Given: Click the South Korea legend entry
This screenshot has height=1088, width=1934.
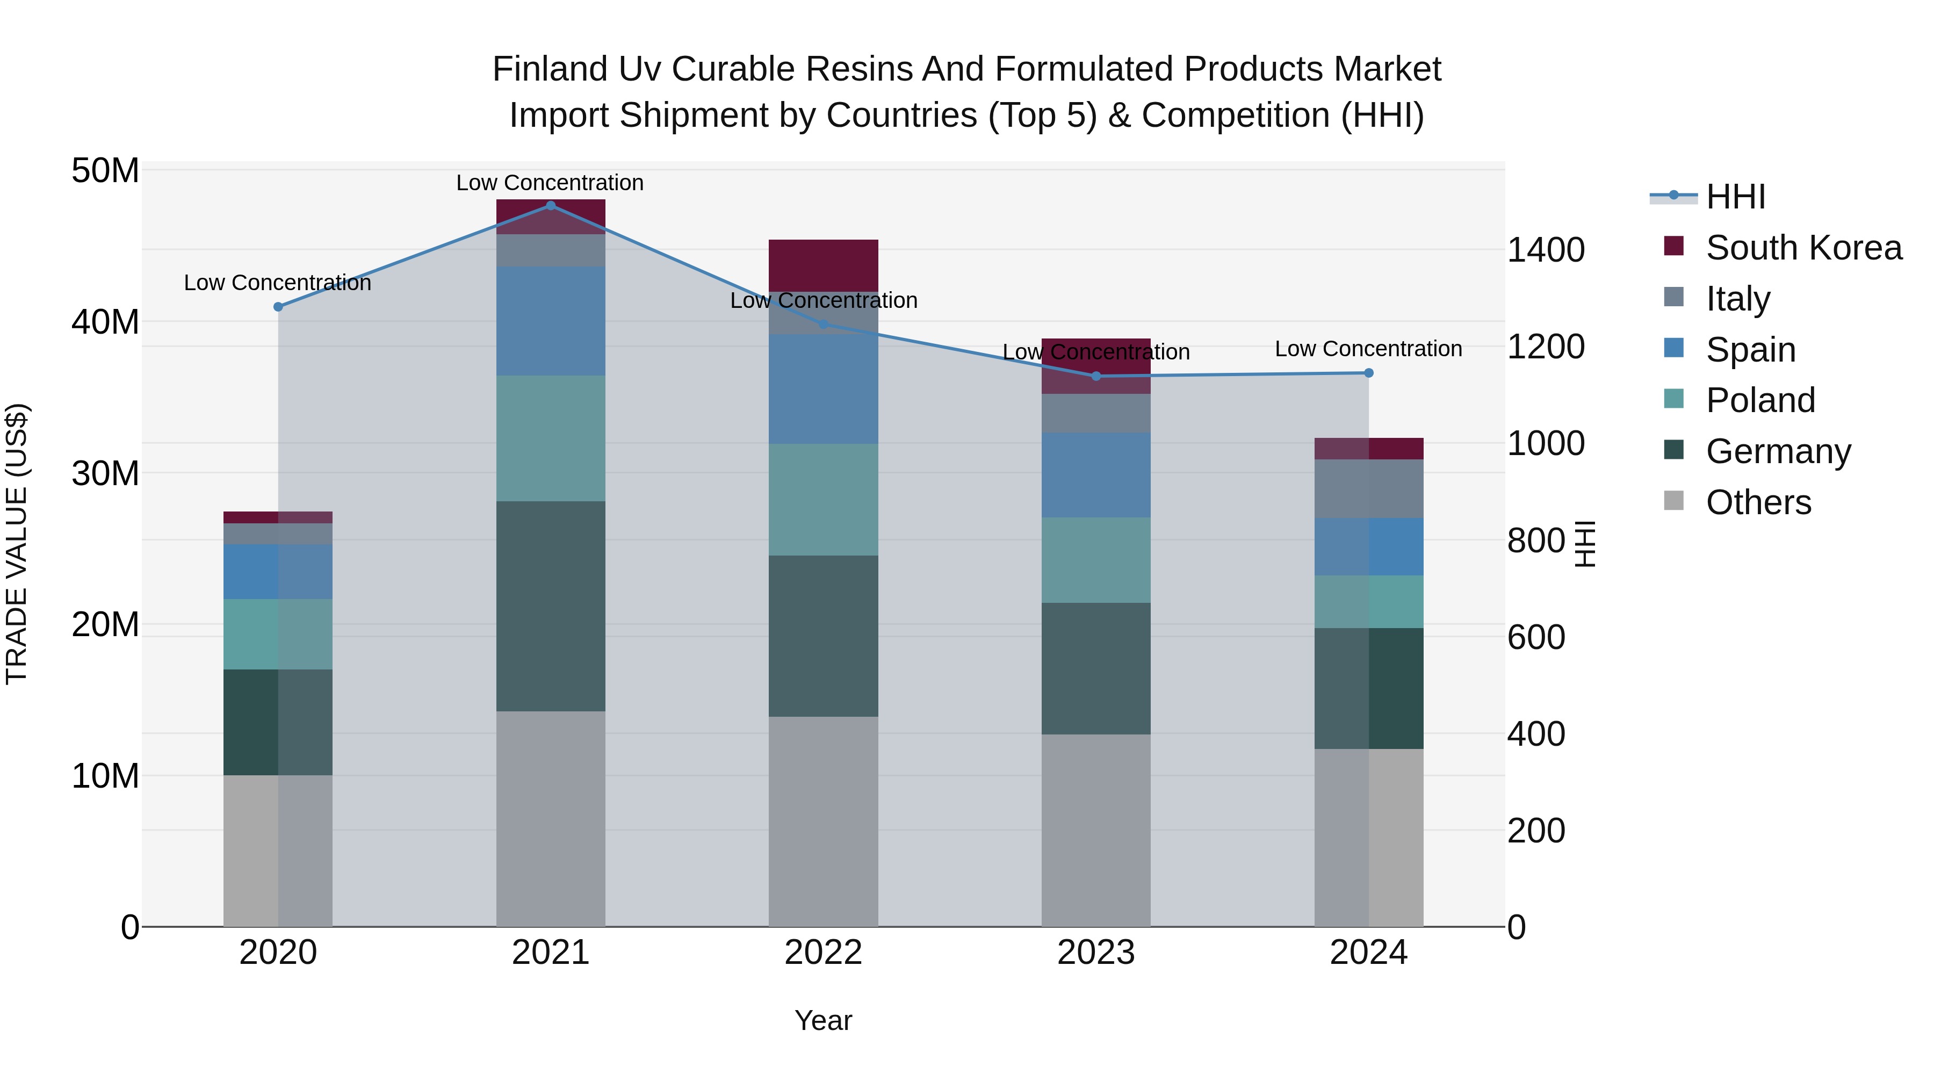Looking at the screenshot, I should pos(1803,248).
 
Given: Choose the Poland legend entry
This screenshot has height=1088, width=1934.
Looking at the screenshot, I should pos(1760,400).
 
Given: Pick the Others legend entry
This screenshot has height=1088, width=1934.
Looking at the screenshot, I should pos(1758,502).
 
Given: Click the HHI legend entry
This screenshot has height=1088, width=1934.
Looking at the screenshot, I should pos(1735,197).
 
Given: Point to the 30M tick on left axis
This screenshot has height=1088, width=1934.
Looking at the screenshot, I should pos(105,474).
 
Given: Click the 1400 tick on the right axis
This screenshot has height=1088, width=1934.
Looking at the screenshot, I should pos(1545,250).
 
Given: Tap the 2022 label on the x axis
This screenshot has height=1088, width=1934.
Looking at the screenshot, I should pos(823,953).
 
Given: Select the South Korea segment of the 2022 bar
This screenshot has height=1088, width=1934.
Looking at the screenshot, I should pos(823,265).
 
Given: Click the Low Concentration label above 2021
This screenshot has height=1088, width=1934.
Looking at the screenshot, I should pos(550,183).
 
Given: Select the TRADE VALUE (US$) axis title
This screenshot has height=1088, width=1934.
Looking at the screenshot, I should pos(17,544).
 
